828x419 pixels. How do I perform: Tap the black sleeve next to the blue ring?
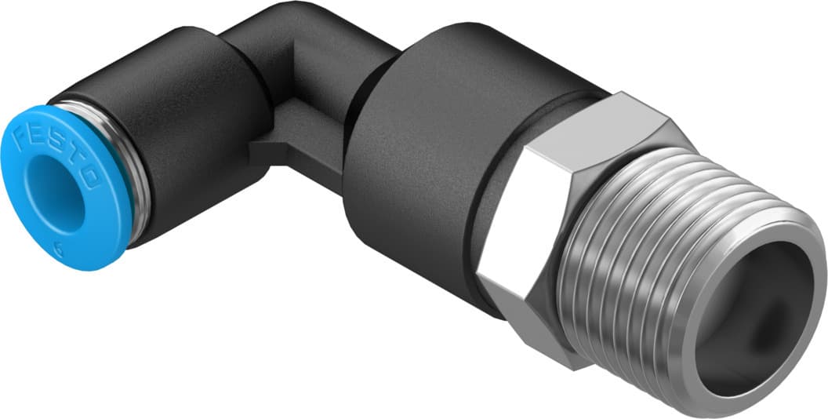(188, 133)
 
